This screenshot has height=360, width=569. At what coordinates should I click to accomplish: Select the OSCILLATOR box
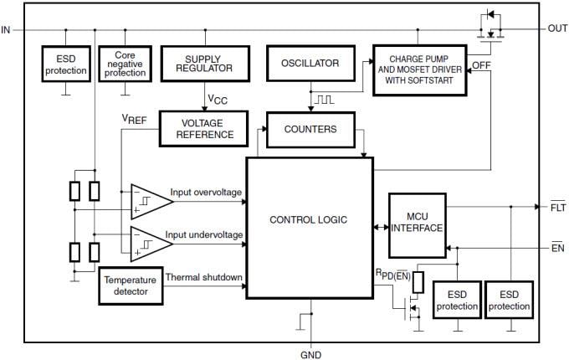click(309, 63)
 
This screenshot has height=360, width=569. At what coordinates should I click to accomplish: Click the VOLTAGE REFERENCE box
click(202, 128)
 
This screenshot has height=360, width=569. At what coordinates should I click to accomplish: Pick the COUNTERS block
click(310, 130)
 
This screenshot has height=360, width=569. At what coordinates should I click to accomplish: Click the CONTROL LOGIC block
click(308, 220)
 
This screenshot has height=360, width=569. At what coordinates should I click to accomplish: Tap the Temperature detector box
click(130, 285)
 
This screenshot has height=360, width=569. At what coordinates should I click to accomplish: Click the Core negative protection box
click(124, 64)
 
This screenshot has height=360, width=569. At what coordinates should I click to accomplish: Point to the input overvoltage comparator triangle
click(150, 200)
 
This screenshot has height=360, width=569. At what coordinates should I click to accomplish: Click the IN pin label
click(7, 29)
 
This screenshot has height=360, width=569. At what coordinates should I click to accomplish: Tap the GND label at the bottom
click(310, 354)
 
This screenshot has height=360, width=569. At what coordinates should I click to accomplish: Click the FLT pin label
click(557, 206)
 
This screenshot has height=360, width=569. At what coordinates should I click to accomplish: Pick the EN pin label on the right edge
click(557, 248)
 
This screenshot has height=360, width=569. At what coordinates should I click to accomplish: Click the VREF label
click(134, 120)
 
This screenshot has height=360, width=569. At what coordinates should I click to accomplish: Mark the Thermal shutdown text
click(203, 277)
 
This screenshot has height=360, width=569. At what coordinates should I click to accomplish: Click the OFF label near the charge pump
click(481, 64)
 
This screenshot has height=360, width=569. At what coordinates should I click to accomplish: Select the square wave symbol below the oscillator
click(324, 99)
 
